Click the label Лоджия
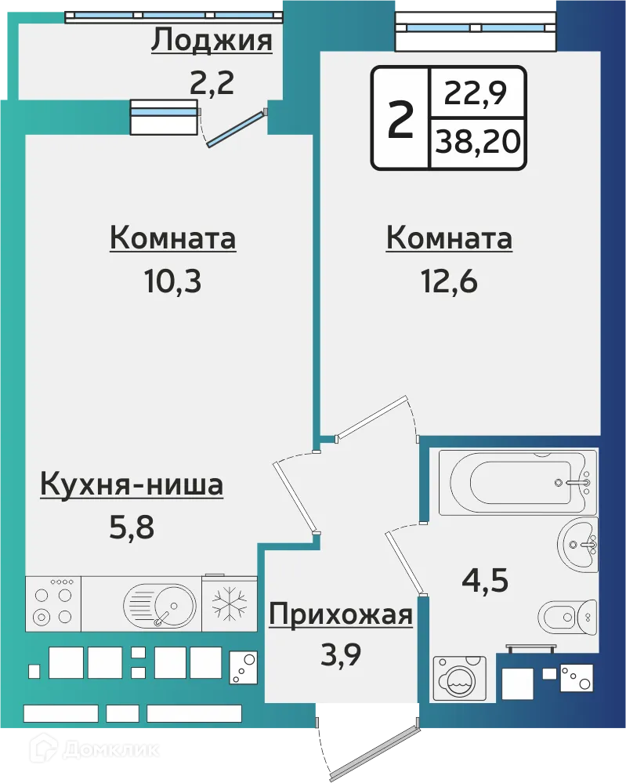point(212,40)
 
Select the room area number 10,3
point(172,280)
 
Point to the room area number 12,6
point(449,280)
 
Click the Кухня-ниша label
point(132,485)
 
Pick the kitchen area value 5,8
point(132,526)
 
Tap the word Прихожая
point(340,615)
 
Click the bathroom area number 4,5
point(485,582)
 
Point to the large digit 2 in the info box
point(400,118)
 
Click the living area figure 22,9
point(476,96)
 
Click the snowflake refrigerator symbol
point(230,605)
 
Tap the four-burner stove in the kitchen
point(52,604)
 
